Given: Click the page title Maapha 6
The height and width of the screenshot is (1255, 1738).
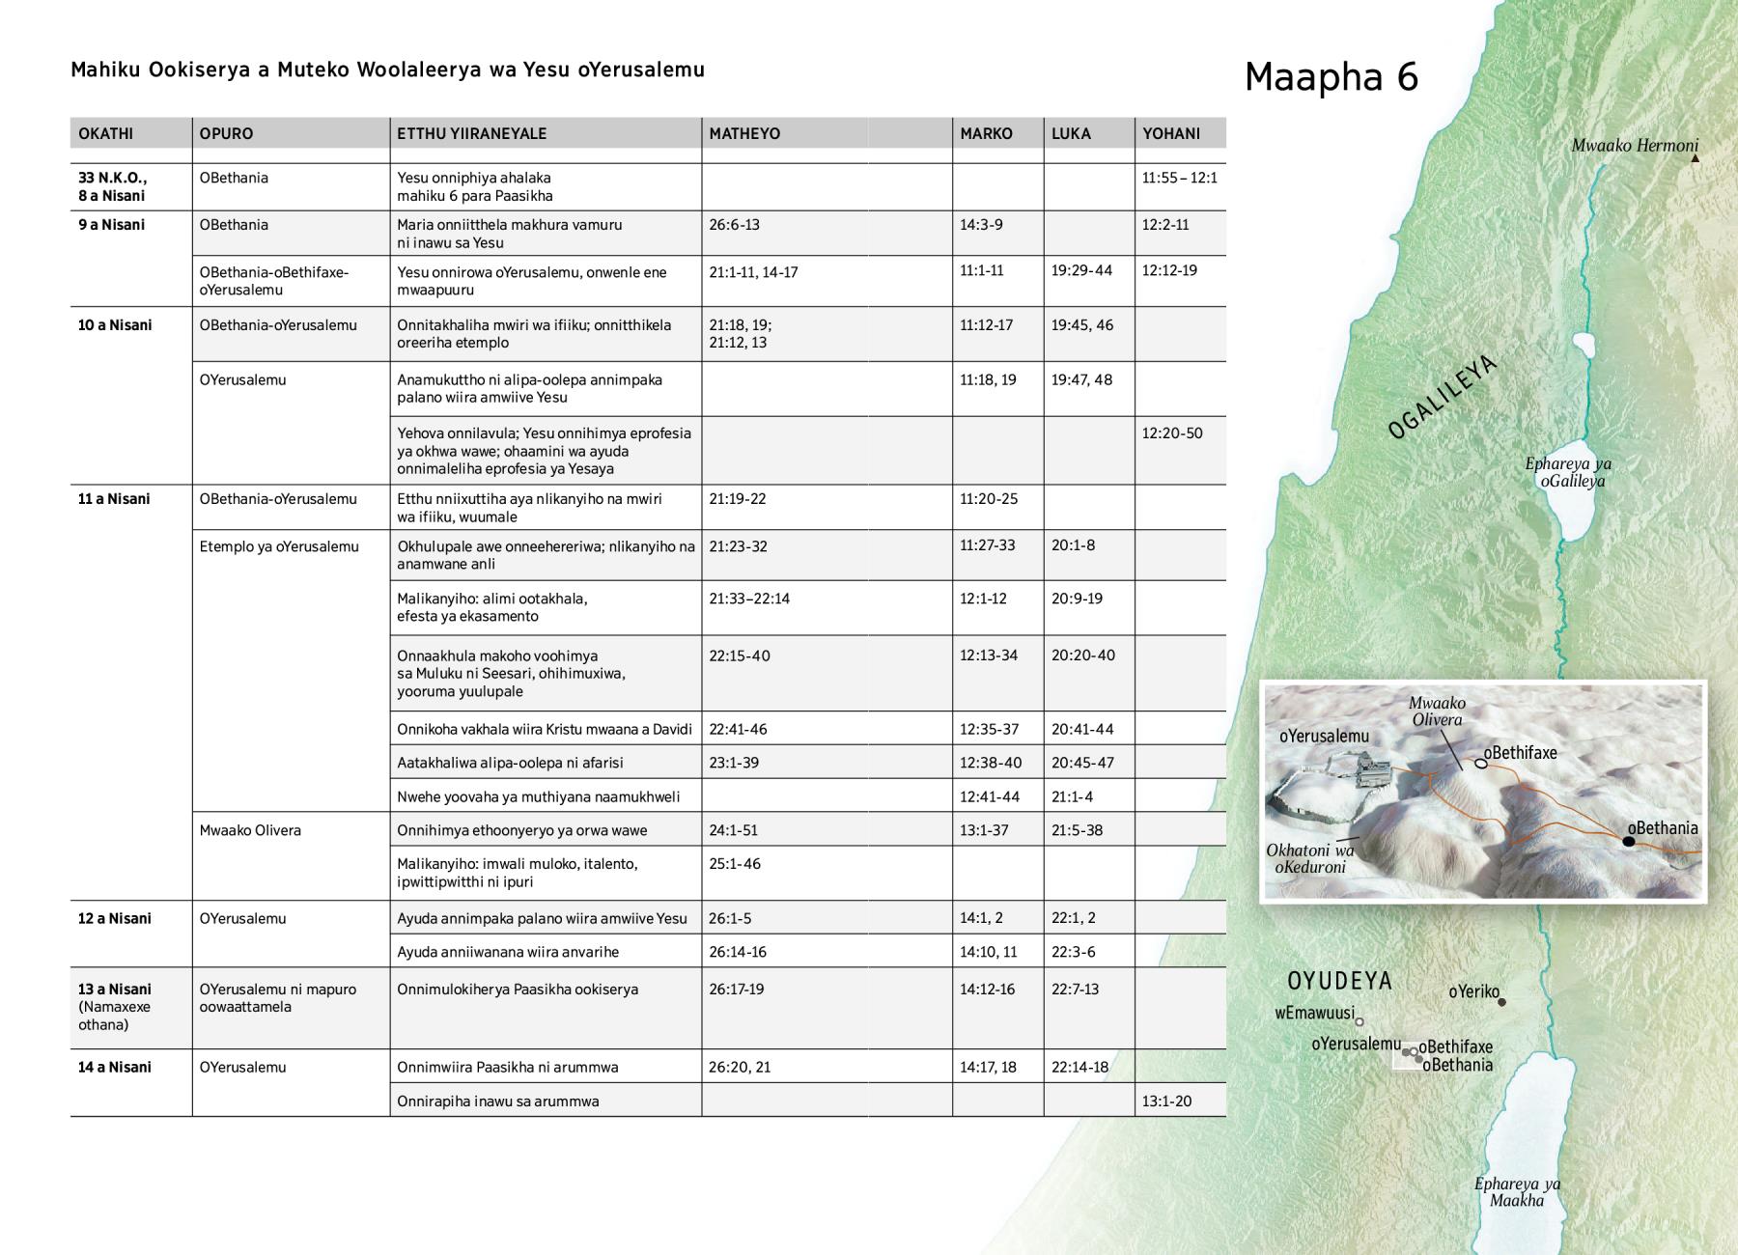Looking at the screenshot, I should pos(1332,77).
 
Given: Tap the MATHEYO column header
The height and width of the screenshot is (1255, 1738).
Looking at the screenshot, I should pos(743,134).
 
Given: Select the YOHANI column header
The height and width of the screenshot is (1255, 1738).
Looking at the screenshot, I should pos(1171,134).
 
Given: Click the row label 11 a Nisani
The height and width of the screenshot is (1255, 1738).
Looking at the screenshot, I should pos(114,499).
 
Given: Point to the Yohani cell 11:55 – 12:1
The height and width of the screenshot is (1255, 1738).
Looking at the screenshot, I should pos(1179,179).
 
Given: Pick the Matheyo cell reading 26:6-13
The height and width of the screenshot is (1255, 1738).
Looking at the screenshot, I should pos(734,225).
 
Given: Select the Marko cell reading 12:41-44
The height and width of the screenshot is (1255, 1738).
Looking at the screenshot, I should pos(989,796).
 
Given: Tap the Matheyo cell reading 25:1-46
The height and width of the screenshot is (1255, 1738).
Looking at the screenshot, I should pos(734,864).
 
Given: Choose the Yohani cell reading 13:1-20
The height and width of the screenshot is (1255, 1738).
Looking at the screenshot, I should pos(1166,1101).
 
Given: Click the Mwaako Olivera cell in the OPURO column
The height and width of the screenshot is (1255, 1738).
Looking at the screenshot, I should pos(250,830).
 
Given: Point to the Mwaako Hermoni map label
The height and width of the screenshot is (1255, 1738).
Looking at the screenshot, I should pos(1634,146).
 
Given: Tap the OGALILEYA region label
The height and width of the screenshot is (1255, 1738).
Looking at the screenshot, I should pos(1442,397).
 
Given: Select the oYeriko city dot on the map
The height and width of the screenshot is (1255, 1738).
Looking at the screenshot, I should pos(1501,1002).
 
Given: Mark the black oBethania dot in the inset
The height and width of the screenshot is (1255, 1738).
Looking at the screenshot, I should pos(1628,842).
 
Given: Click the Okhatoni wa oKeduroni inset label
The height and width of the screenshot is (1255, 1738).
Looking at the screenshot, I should pos(1310,858).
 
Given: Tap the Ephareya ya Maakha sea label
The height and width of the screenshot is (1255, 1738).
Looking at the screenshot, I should pos(1516,1192).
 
